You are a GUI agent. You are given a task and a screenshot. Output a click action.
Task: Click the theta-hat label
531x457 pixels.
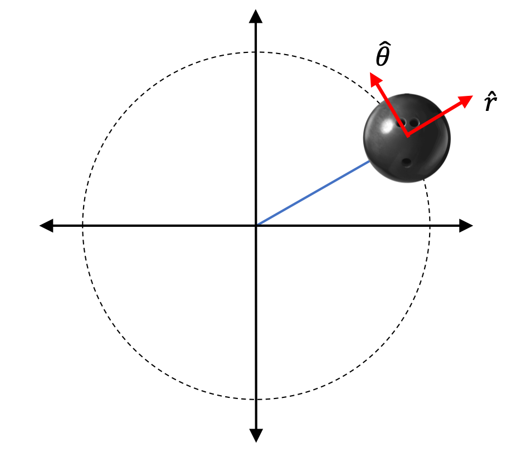pyautogui.click(x=383, y=54)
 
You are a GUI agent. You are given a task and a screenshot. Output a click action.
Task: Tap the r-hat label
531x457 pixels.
pyautogui.click(x=490, y=101)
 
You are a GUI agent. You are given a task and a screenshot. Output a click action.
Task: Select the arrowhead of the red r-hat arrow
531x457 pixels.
pyautogui.click(x=465, y=101)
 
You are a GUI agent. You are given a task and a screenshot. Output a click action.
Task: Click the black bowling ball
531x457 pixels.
pyautogui.click(x=407, y=138)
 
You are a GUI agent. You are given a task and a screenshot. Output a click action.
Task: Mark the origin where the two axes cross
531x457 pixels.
pyautogui.click(x=256, y=226)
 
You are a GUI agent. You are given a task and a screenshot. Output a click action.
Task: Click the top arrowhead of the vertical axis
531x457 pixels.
pyautogui.click(x=256, y=16)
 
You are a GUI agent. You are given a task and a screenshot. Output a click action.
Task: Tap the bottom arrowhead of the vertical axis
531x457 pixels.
pyautogui.click(x=256, y=436)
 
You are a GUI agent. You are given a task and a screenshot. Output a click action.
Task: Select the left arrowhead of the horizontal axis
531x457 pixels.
pyautogui.click(x=46, y=226)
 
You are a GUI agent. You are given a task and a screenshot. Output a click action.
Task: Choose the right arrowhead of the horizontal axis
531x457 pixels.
pyautogui.click(x=466, y=226)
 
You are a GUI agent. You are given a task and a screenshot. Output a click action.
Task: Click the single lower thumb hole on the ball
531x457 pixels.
pyautogui.click(x=406, y=163)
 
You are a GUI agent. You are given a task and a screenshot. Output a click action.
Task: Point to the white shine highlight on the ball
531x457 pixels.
pyautogui.click(x=386, y=127)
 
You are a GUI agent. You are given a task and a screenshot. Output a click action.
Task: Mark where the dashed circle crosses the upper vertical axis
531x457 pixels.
pyautogui.click(x=256, y=52)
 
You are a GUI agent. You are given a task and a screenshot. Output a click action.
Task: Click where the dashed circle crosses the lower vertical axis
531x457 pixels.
pyautogui.click(x=256, y=400)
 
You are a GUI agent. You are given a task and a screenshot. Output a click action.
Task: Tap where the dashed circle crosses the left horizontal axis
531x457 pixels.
pyautogui.click(x=82, y=226)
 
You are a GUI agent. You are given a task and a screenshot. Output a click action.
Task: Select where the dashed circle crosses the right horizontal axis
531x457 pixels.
pyautogui.click(x=430, y=226)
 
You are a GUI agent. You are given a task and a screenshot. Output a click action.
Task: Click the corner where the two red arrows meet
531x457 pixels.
pyautogui.click(x=408, y=135)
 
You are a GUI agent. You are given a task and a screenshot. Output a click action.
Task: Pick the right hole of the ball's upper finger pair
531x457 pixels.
pyautogui.click(x=414, y=122)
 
